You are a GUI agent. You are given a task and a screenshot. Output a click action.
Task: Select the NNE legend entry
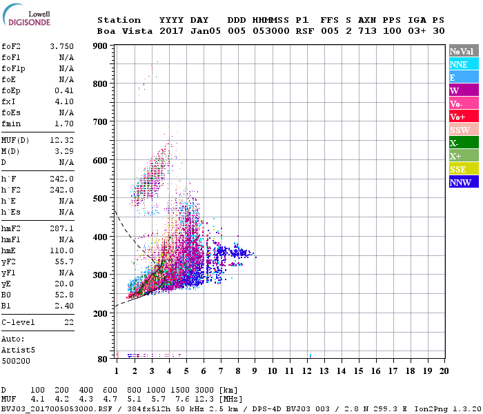click(459, 64)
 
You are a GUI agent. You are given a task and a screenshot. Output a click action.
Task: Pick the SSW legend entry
click(460, 130)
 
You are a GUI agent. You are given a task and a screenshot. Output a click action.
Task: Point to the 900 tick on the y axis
click(100, 46)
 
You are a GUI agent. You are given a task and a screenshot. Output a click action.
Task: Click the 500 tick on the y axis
click(100, 199)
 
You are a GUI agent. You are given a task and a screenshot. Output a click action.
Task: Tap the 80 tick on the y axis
click(102, 359)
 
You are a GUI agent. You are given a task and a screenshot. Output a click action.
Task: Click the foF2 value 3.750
click(61, 46)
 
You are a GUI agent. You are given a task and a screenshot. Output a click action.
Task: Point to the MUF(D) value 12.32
click(61, 139)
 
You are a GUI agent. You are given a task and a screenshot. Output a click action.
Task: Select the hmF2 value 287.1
click(61, 228)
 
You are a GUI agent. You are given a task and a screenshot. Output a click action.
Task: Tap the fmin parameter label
click(12, 124)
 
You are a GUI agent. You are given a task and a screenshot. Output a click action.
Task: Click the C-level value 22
click(68, 322)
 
